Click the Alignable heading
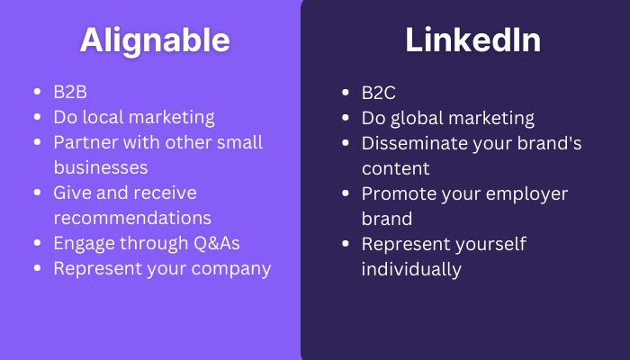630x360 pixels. tap(155, 40)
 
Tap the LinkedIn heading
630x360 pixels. tap(472, 40)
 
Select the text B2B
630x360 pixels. tap(70, 92)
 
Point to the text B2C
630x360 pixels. tap(379, 93)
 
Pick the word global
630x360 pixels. tap(417, 119)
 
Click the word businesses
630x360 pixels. tap(101, 167)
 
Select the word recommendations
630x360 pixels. tap(132, 218)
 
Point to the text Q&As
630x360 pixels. tap(217, 243)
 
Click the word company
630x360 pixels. tap(231, 269)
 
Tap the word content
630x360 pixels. tap(396, 169)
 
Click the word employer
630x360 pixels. tap(526, 194)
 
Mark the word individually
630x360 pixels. tap(411, 270)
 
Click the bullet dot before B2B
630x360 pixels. tap(38, 92)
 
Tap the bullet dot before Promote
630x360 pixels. tap(345, 193)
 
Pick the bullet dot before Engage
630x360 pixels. tap(38, 243)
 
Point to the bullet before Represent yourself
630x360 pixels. tap(345, 244)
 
